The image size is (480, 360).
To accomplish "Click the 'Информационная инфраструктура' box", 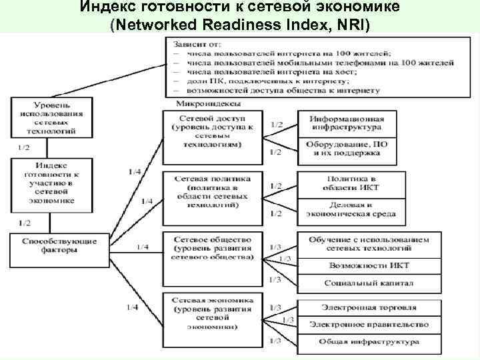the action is (345, 121).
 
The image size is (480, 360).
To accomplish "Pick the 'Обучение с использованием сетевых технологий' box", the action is (369, 243).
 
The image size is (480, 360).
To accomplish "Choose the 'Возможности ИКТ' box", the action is (369, 265).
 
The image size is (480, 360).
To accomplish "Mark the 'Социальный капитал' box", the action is (369, 283).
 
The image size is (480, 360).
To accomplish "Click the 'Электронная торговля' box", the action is (369, 307).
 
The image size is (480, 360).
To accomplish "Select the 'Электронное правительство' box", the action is (369, 325).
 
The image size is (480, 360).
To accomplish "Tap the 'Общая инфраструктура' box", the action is (369, 342).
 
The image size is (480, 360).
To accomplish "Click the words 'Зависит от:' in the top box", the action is (191, 44).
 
